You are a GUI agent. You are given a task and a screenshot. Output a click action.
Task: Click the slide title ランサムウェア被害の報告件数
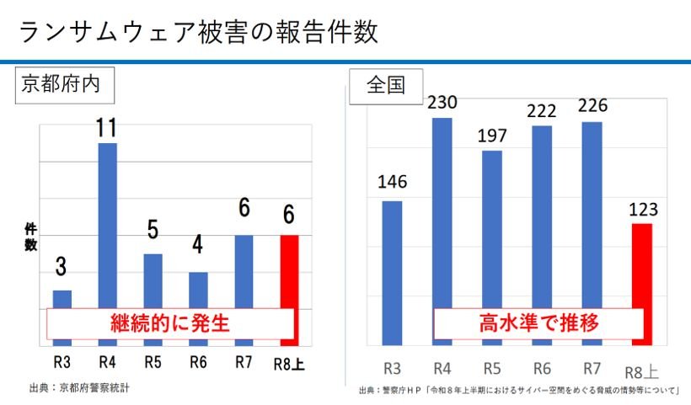point(199,32)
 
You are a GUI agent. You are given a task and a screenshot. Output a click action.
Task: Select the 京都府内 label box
point(65,85)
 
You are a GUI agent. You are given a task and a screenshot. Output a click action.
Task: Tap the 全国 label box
point(386,86)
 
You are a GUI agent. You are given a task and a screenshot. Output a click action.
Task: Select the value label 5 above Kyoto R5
point(153,230)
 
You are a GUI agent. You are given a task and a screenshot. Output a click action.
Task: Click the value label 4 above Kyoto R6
point(197,244)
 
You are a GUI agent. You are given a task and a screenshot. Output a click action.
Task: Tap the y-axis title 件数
point(30,237)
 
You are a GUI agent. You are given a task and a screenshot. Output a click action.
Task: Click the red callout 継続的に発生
point(170,323)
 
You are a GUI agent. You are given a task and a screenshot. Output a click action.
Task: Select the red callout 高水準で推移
point(538,323)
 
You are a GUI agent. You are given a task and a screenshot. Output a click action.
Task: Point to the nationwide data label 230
point(442,103)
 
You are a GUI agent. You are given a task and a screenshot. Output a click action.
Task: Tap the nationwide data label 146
point(392,182)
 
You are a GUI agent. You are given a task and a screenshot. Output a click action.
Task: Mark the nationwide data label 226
point(592,105)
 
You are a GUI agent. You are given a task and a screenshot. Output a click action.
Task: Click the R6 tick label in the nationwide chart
point(542,369)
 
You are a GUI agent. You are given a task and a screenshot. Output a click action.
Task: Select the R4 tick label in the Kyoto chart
point(108,362)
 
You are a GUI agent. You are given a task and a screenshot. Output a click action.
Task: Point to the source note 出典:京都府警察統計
point(80,388)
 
